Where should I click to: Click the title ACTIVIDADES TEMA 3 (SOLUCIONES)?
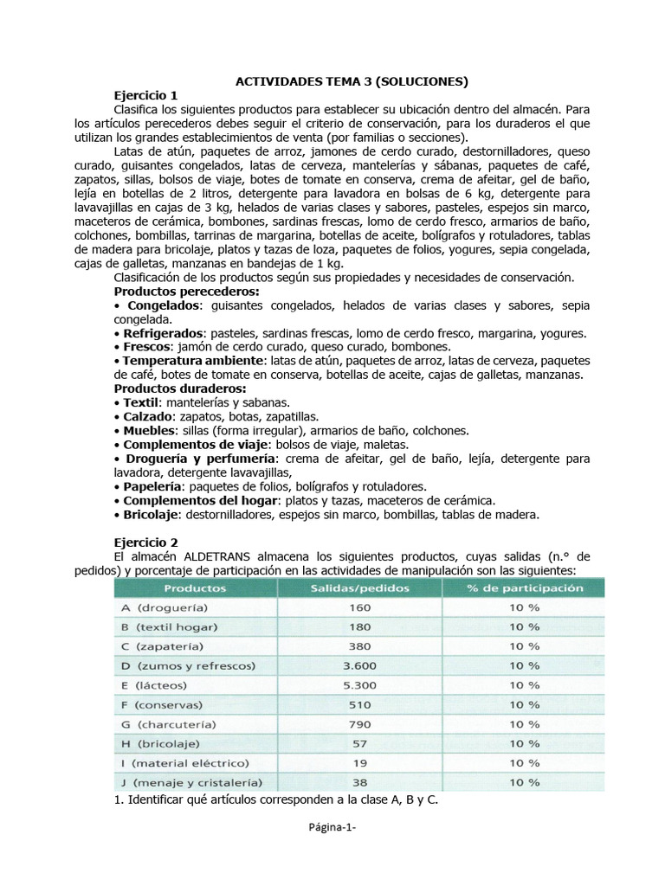click(x=352, y=81)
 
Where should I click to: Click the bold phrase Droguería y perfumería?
click(x=200, y=458)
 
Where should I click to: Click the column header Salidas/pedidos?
click(x=359, y=587)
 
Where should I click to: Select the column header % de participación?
click(x=523, y=587)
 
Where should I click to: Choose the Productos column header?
click(x=196, y=587)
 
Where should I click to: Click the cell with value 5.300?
click(x=359, y=685)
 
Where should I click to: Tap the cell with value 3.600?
click(x=359, y=665)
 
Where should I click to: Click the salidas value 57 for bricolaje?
click(x=359, y=743)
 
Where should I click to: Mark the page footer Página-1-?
click(x=332, y=851)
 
